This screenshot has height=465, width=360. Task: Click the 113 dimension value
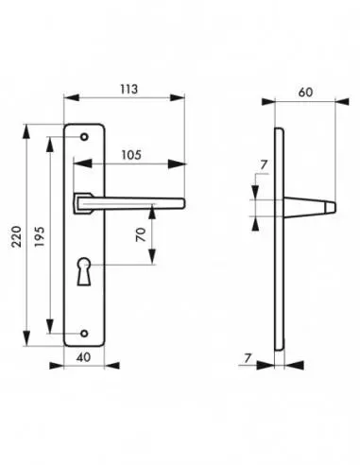[x=129, y=89]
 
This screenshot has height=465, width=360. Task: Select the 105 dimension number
[x=131, y=155]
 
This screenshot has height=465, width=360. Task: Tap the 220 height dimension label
[x=16, y=236]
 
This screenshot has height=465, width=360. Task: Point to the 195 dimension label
[x=40, y=236]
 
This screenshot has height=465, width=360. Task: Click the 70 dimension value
[x=141, y=234]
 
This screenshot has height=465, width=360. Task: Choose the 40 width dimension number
[x=84, y=357]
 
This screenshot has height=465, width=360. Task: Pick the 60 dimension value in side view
[x=305, y=93]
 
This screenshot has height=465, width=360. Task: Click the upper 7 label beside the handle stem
[x=264, y=164]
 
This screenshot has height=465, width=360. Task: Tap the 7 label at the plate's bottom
[x=249, y=358]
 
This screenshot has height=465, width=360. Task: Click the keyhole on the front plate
[x=84, y=271]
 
